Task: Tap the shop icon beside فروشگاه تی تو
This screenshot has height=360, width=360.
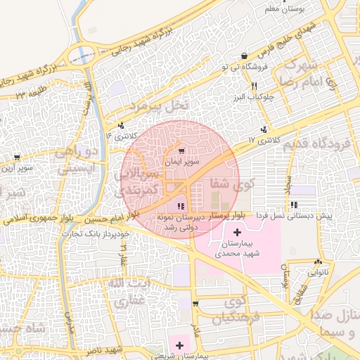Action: pyautogui.click(x=243, y=56)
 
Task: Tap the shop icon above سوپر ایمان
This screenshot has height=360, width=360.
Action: pyautogui.click(x=183, y=151)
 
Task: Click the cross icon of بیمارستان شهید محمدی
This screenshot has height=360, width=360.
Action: pyautogui.click(x=236, y=232)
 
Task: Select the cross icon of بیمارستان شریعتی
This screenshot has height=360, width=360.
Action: pyautogui.click(x=181, y=345)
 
